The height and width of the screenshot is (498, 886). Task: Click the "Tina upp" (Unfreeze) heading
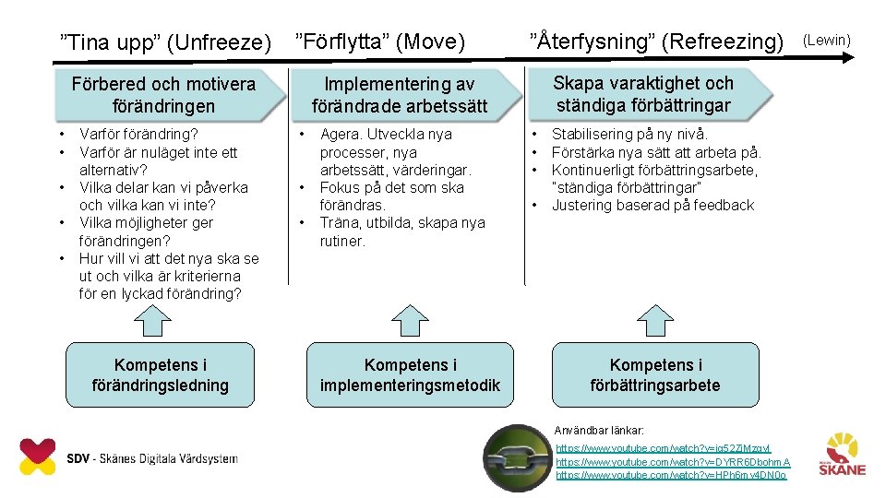coord(165,42)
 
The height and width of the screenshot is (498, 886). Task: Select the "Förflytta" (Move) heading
coord(380,41)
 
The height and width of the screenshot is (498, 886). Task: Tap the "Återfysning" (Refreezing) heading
coord(656,41)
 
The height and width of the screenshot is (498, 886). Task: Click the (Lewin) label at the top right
coord(827,40)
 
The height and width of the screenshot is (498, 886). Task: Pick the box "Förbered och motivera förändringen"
coord(163,95)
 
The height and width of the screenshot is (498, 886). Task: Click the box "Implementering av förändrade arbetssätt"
coord(400,95)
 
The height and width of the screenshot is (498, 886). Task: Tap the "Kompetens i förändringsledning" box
coord(161,375)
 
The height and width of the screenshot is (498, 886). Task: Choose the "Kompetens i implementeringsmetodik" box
coord(410,375)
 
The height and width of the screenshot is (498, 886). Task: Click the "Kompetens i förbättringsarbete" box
coord(654,375)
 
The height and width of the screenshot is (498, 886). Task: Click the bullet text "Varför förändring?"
coord(138,135)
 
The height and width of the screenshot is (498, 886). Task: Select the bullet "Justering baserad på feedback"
coord(653,206)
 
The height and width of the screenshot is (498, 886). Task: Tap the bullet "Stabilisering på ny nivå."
coord(630,135)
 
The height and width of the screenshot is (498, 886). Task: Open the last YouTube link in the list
coord(671,475)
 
